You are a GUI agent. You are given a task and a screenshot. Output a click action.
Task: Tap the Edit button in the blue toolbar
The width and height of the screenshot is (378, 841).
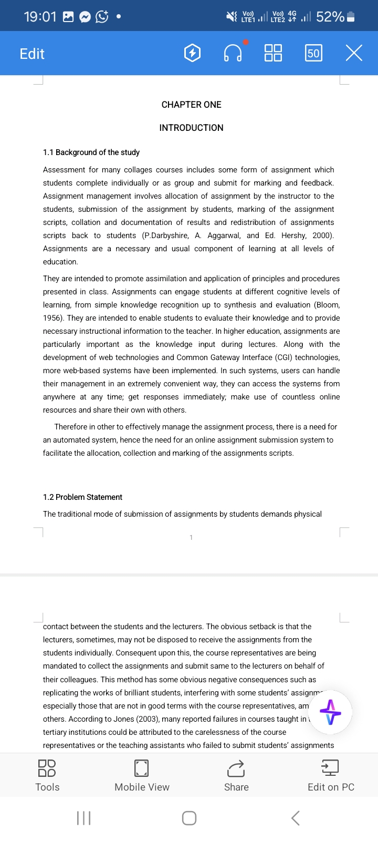click(x=32, y=54)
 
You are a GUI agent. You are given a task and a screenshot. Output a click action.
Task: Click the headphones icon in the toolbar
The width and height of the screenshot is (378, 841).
click(x=233, y=53)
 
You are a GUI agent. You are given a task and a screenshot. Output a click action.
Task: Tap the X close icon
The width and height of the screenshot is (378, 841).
click(x=354, y=53)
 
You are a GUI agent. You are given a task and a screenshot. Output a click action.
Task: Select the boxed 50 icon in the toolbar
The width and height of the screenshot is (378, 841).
click(x=313, y=53)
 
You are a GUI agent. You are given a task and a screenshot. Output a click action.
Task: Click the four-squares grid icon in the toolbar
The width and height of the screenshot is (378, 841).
click(x=273, y=53)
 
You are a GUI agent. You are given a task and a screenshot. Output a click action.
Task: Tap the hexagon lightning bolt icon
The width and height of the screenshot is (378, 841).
click(x=193, y=53)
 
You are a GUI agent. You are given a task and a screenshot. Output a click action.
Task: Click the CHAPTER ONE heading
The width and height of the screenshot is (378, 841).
click(x=191, y=105)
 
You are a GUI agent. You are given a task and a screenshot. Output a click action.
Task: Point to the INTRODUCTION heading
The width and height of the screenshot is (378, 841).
click(x=191, y=128)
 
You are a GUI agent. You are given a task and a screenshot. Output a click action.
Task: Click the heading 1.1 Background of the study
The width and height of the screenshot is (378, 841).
click(x=91, y=152)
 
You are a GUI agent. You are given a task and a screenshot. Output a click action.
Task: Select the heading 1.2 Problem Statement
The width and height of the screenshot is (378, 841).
click(x=82, y=497)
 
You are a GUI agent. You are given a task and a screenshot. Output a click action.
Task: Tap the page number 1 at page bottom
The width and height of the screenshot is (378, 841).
click(x=191, y=537)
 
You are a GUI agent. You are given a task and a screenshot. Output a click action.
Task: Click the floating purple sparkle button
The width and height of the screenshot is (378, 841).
click(x=330, y=712)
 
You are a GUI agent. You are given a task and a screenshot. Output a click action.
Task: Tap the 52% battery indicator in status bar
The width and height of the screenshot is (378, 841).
click(x=335, y=17)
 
